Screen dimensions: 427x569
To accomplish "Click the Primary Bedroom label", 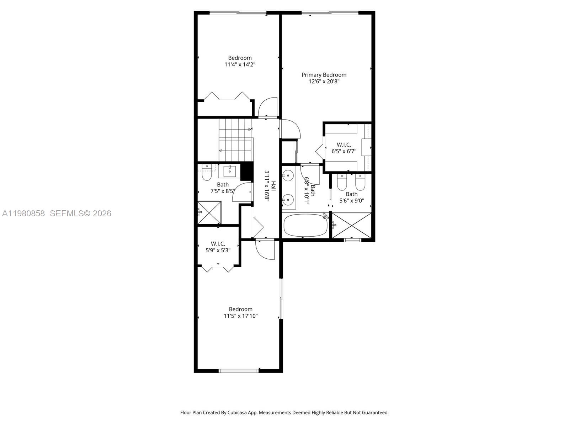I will click(324, 75).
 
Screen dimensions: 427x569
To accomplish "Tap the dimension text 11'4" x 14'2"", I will click(240, 65).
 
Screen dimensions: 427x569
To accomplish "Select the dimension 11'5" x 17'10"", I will click(240, 316).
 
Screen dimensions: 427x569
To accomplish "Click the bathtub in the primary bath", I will click(305, 226).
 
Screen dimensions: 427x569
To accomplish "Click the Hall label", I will click(273, 186).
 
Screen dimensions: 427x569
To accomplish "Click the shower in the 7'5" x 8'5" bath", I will click(209, 212).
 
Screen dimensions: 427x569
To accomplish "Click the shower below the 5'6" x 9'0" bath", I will click(351, 225).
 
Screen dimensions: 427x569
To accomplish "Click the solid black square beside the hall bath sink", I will click(246, 171).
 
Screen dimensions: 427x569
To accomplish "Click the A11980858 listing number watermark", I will click(23, 213).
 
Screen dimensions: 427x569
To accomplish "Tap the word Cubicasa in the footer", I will click(241, 413).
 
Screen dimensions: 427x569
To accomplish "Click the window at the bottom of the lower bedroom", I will click(238, 371).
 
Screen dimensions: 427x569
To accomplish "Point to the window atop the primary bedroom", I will click(330, 13).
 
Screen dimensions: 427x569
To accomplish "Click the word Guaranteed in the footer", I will click(375, 413).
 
